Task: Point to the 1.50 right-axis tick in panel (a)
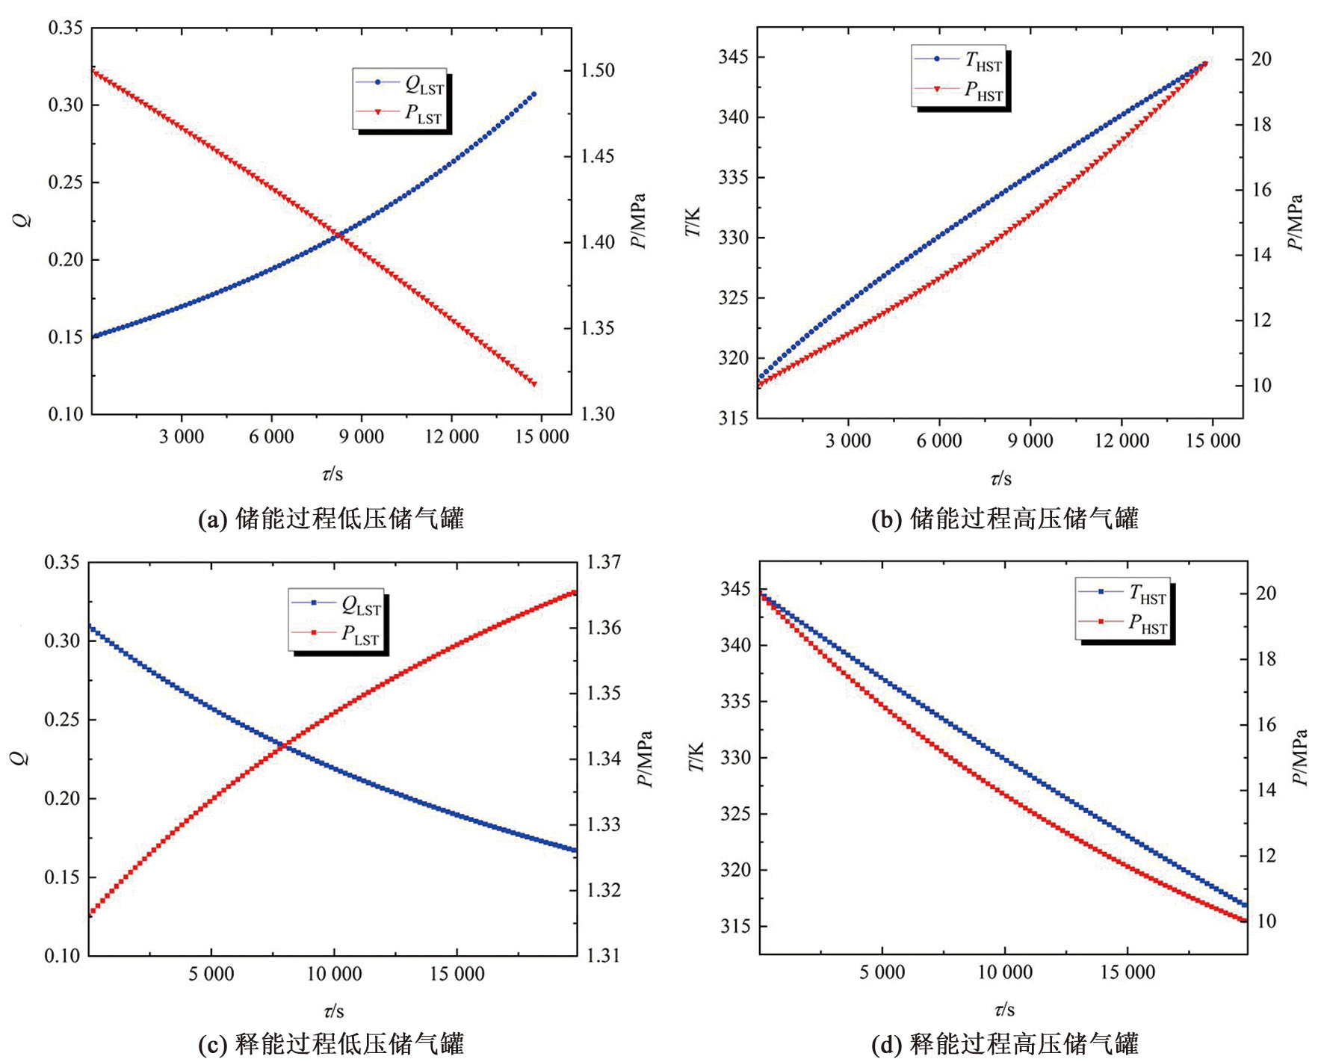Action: click(x=598, y=70)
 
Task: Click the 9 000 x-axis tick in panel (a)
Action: click(x=361, y=437)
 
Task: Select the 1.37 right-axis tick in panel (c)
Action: click(x=604, y=562)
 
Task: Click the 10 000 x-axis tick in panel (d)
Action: click(x=1005, y=972)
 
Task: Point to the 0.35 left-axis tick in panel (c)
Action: click(x=62, y=562)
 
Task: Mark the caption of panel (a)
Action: click(x=331, y=519)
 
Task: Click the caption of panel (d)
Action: click(x=1005, y=1044)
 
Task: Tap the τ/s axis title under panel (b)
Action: click(x=1000, y=479)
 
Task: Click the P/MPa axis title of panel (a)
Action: click(x=638, y=221)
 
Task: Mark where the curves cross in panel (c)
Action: click(x=285, y=745)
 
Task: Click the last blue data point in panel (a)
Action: click(x=533, y=94)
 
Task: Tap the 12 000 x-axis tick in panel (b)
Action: click(x=1122, y=441)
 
